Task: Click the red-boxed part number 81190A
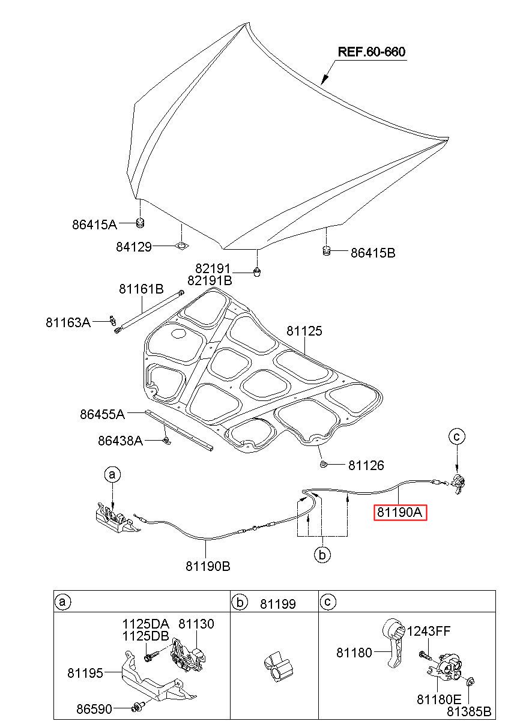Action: tap(401, 513)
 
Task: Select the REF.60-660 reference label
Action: tap(372, 52)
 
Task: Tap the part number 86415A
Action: tap(94, 225)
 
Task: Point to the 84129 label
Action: tap(134, 246)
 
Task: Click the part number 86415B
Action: tap(372, 253)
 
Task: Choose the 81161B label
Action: tap(141, 289)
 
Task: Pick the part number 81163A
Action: tap(68, 322)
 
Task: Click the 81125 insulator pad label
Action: tap(304, 331)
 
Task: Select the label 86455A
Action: tap(102, 414)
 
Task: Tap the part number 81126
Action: tap(366, 465)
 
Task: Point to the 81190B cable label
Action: tap(208, 566)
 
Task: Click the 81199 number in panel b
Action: tap(277, 604)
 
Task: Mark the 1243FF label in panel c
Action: tap(429, 631)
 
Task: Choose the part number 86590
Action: tap(94, 709)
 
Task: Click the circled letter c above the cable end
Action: tap(456, 438)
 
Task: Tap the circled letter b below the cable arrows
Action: tap(322, 555)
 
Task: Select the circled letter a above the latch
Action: tap(112, 475)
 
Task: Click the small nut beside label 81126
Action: tap(323, 465)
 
